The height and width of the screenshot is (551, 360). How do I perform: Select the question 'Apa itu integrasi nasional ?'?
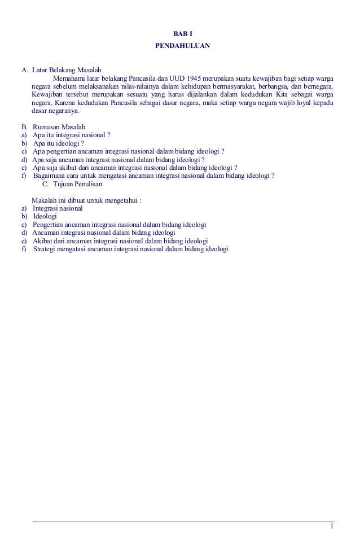71,135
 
